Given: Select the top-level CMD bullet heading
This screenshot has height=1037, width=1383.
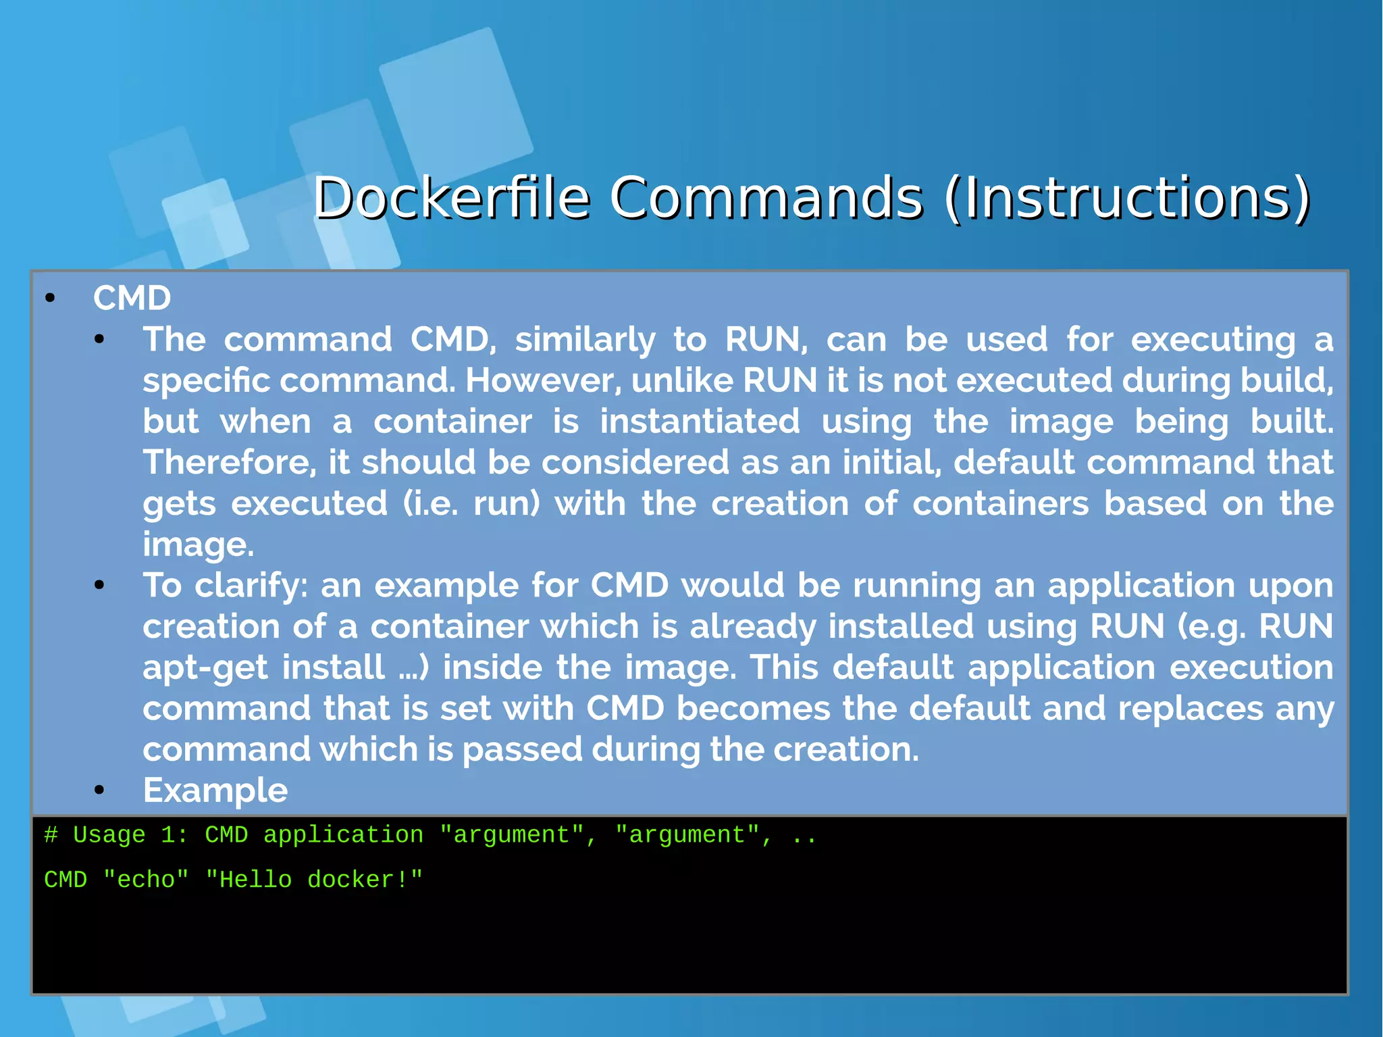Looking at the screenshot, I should pos(132,298).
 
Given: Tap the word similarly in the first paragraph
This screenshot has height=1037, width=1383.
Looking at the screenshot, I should pos(585,340).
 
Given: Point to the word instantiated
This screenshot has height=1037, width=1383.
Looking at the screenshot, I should pos(700,422).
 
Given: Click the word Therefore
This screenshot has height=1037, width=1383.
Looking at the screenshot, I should pos(229,463).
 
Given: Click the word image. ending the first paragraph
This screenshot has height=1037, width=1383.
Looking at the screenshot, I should pos(198,545).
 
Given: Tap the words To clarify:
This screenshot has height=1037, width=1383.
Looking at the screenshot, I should pos(225,586).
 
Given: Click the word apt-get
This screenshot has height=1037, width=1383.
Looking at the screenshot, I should pos(205,668).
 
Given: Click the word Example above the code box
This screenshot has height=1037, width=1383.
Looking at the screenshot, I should pos(215,790).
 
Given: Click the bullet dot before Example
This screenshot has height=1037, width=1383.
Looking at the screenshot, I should pos(99,790).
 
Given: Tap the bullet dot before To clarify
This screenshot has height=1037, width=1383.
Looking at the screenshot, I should pos(99,585).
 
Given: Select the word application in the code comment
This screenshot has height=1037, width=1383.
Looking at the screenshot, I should pos(343,836).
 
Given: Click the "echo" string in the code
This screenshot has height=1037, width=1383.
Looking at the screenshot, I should pos(146,880).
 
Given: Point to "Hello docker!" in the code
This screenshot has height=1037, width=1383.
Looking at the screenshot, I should pos(314,880).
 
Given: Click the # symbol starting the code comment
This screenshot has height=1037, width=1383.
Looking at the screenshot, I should pos(51,836).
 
